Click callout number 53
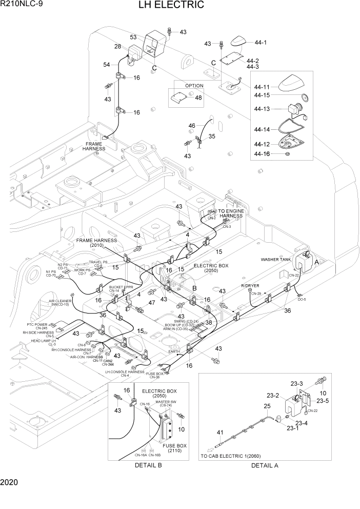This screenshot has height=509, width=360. (133, 37)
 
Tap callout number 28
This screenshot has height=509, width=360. (117, 47)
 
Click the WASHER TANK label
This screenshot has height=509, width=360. (276, 260)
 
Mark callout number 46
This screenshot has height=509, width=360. (192, 126)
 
